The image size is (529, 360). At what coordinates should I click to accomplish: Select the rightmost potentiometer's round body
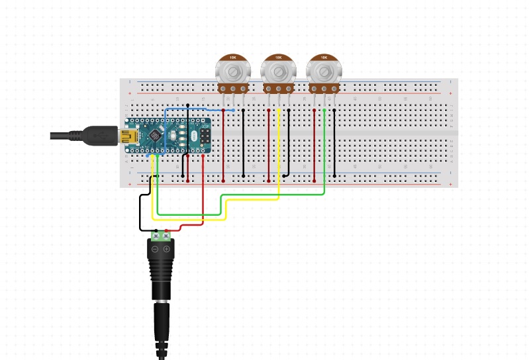click(323, 72)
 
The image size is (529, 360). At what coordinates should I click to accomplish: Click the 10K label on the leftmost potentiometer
click(232, 58)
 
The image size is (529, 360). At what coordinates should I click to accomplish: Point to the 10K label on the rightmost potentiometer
click(323, 58)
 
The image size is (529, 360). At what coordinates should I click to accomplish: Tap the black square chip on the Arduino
click(156, 135)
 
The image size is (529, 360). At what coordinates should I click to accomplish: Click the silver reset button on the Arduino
click(173, 136)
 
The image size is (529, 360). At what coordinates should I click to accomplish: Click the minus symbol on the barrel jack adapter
click(155, 249)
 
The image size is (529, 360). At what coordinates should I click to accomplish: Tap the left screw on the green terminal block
click(156, 235)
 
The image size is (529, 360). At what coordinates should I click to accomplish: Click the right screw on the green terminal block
click(166, 235)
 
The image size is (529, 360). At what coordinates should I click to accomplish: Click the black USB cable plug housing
click(99, 135)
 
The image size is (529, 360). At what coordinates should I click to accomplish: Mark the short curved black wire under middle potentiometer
click(287, 175)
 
